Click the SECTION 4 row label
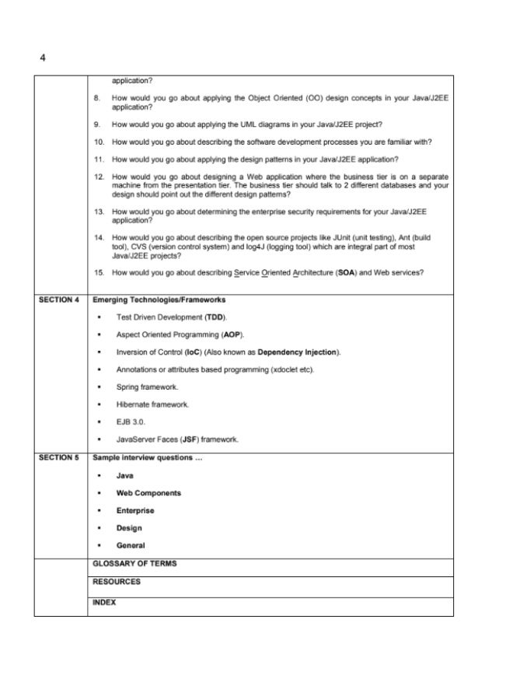59,299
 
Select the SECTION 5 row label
59,457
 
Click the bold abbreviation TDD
215,317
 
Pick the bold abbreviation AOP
232,334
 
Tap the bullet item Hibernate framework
152,404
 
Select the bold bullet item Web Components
148,493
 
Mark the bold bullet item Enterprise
134,510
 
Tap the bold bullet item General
130,545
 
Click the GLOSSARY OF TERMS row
134,563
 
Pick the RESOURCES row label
117,581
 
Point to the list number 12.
98,177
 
